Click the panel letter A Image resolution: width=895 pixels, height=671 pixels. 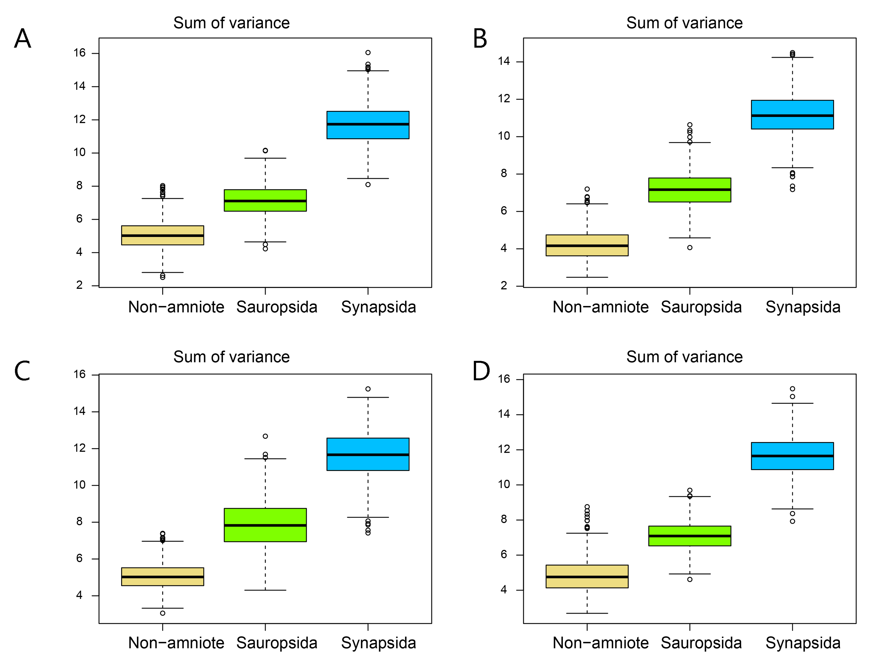pyautogui.click(x=23, y=39)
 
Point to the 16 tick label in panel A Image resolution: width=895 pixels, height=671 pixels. pyautogui.click(x=79, y=53)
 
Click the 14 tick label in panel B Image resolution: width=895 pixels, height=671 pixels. pyautogui.click(x=504, y=62)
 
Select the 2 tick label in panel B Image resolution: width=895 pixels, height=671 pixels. pyautogui.click(x=504, y=286)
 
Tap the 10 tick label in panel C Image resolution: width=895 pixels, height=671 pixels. pyautogui.click(x=79, y=485)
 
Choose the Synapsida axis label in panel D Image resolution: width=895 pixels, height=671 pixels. pyautogui.click(x=803, y=643)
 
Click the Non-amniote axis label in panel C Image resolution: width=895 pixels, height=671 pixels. pyautogui.click(x=176, y=643)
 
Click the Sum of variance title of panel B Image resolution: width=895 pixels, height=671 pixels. pyautogui.click(x=684, y=23)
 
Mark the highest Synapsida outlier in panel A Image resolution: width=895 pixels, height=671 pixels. pyautogui.click(x=368, y=53)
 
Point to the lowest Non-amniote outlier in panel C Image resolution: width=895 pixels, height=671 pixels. pyautogui.click(x=163, y=613)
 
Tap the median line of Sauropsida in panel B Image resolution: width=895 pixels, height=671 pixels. pyautogui.click(x=690, y=190)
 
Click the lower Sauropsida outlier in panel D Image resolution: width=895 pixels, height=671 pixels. pyautogui.click(x=690, y=580)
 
